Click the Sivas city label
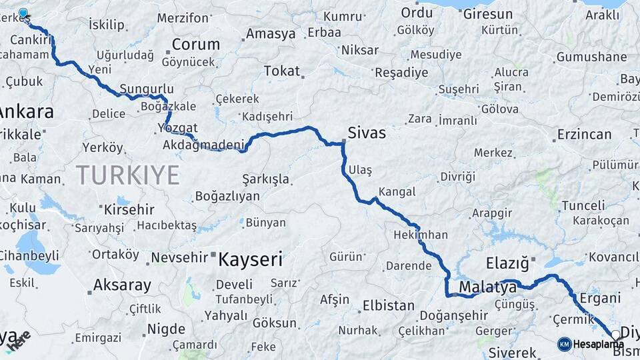(366, 133)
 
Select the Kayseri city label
(251, 259)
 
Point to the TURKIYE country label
(127, 175)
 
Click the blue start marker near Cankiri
(23, 13)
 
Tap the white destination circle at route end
(615, 335)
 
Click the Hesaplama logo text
(598, 344)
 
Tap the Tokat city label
(281, 71)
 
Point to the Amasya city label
(270, 33)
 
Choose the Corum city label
(195, 45)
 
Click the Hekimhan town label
(420, 235)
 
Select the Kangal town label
(397, 192)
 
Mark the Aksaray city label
(122, 285)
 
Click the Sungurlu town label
(147, 89)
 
